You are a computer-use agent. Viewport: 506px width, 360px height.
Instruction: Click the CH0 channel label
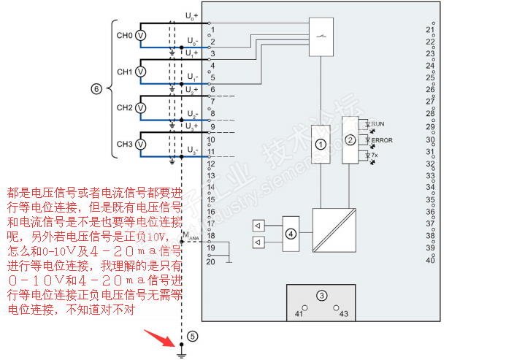tap(124, 35)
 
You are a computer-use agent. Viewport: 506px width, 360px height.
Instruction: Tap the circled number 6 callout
tap(96, 89)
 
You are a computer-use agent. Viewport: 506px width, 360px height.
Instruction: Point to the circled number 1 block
tap(319, 145)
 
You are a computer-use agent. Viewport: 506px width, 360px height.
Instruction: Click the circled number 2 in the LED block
tap(350, 140)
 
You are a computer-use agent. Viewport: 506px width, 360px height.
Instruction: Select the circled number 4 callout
tap(291, 234)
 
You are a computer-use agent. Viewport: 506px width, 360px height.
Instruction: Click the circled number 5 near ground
tap(192, 337)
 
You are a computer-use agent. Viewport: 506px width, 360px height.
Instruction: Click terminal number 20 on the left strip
tap(210, 261)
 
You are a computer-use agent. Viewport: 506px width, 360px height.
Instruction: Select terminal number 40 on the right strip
tap(430, 260)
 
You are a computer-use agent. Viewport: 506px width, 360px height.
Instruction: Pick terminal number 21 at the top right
tap(430, 30)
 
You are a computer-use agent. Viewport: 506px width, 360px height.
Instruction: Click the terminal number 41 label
tap(299, 313)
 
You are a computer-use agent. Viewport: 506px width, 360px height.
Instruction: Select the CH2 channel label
tap(124, 108)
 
